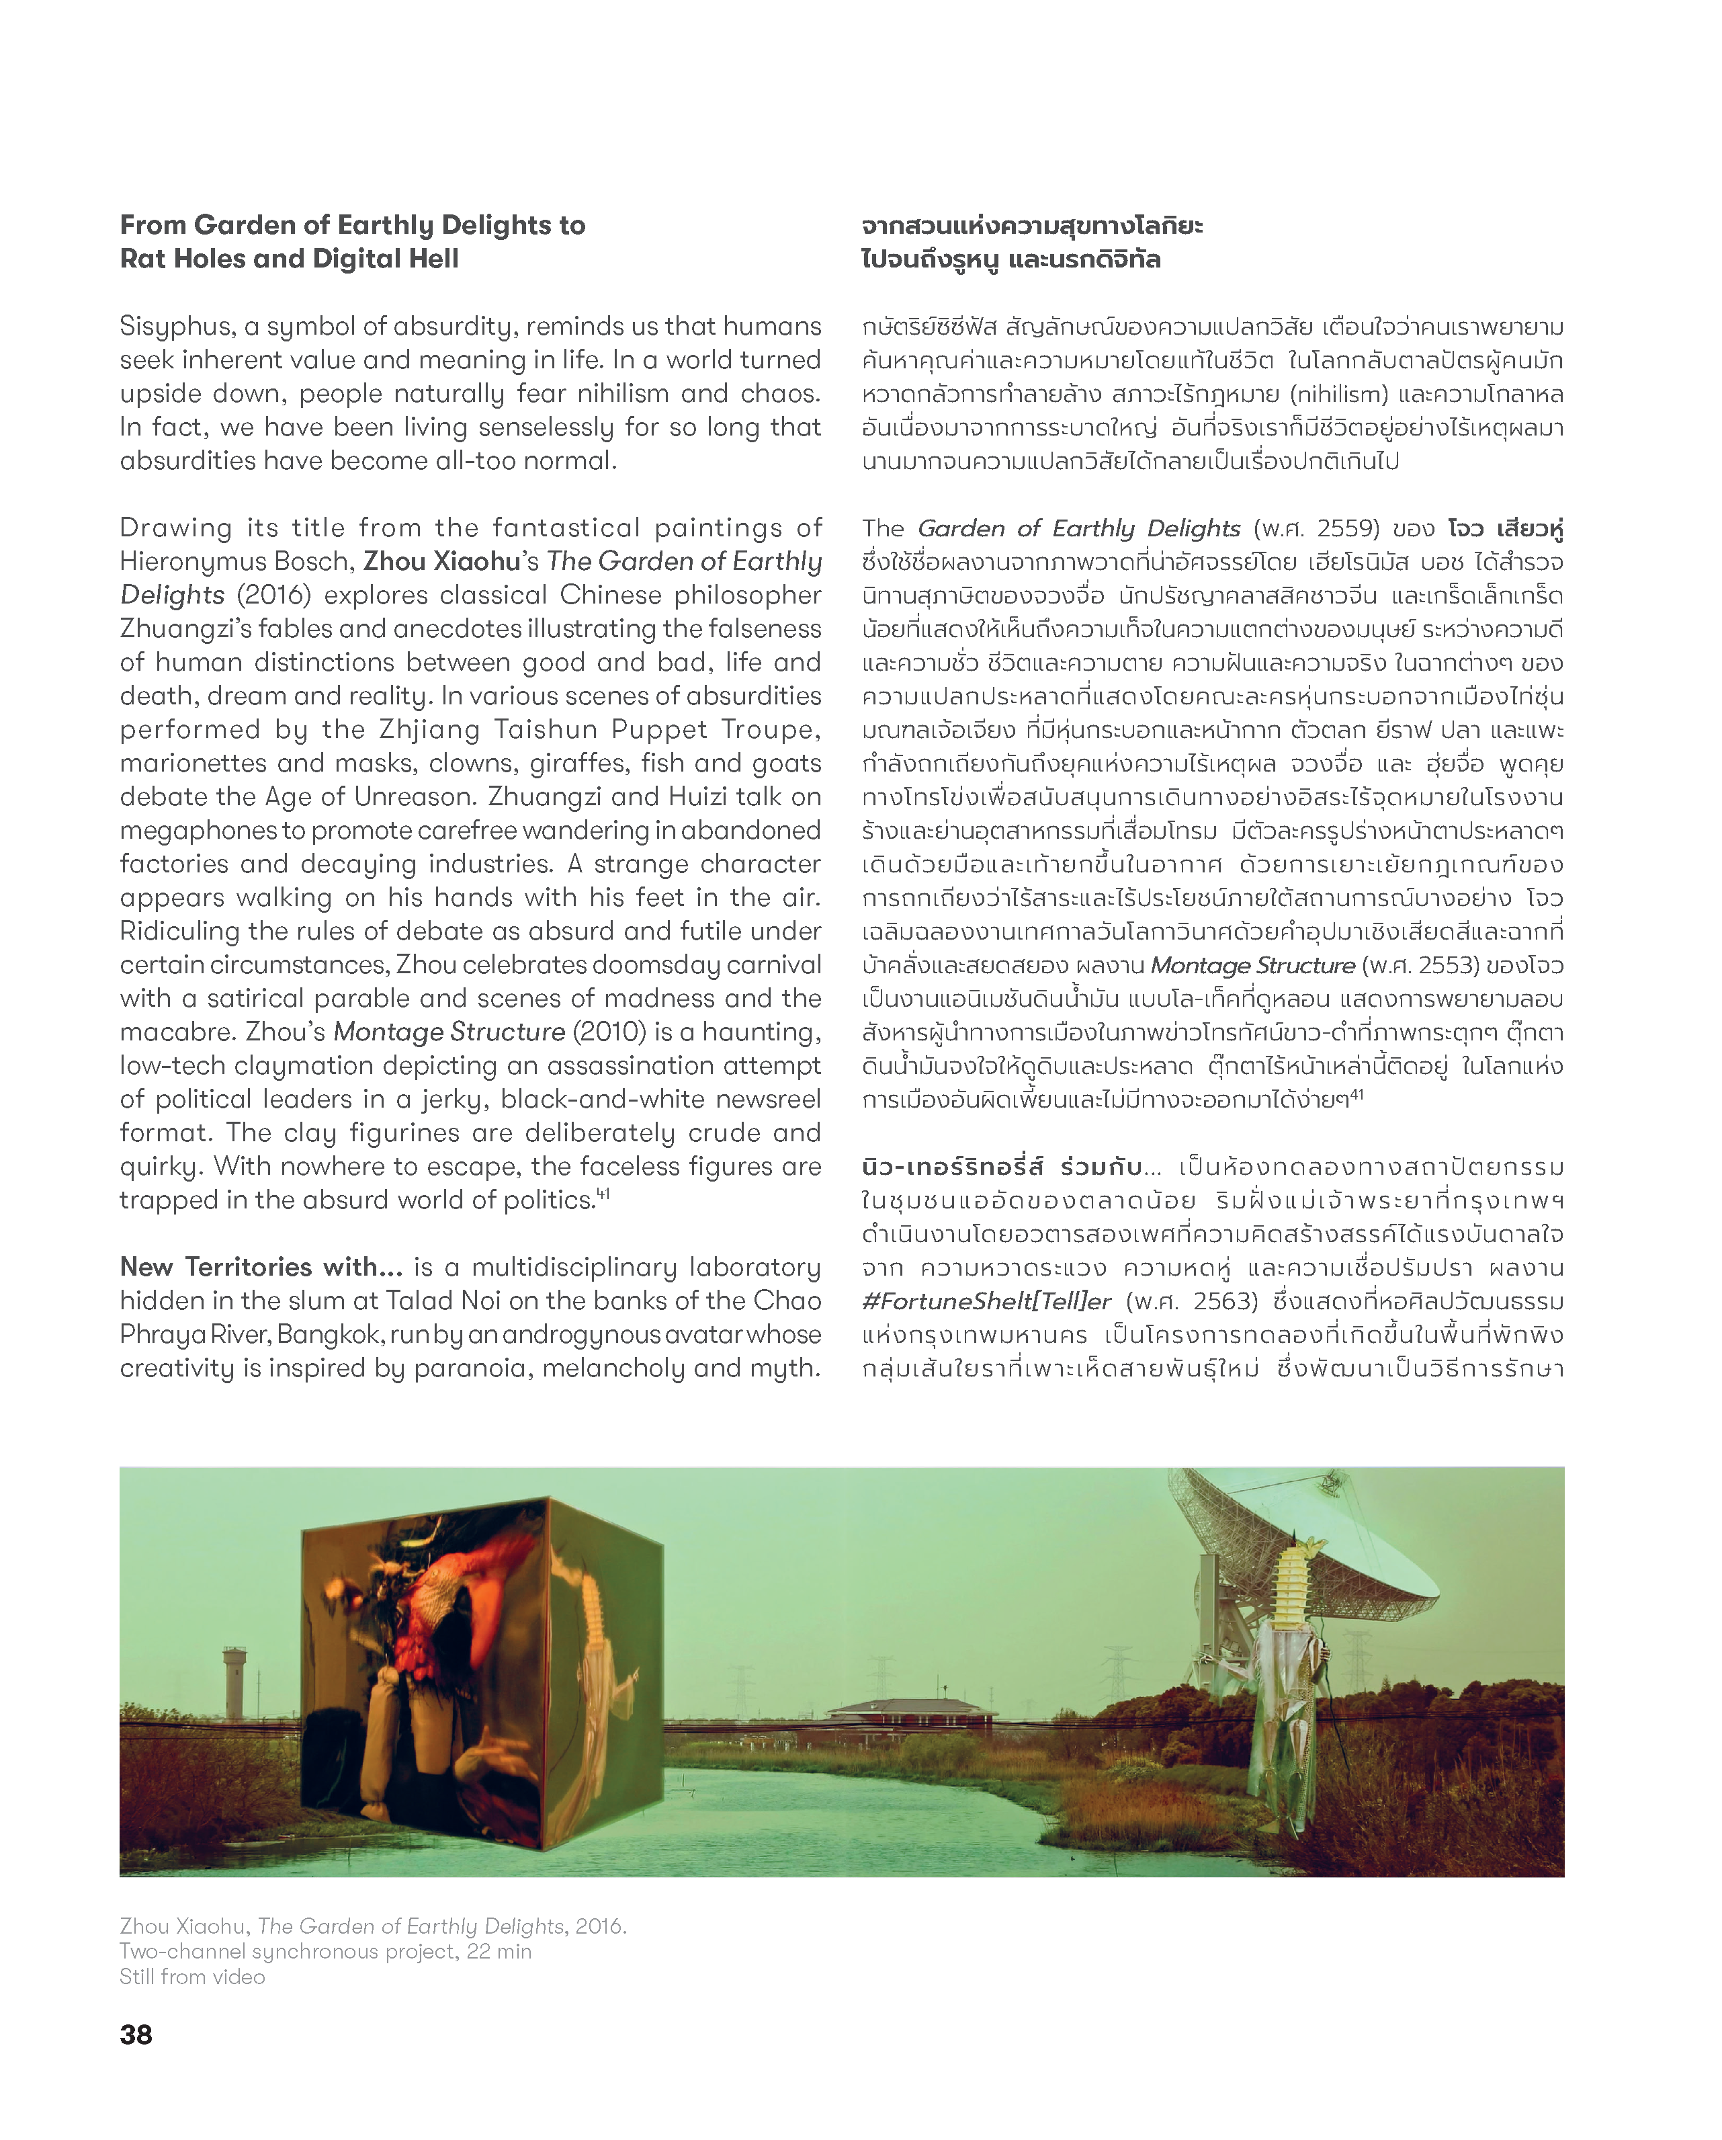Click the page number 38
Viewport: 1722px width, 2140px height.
[136, 2034]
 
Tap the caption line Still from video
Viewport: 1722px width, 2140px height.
[193, 1976]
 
